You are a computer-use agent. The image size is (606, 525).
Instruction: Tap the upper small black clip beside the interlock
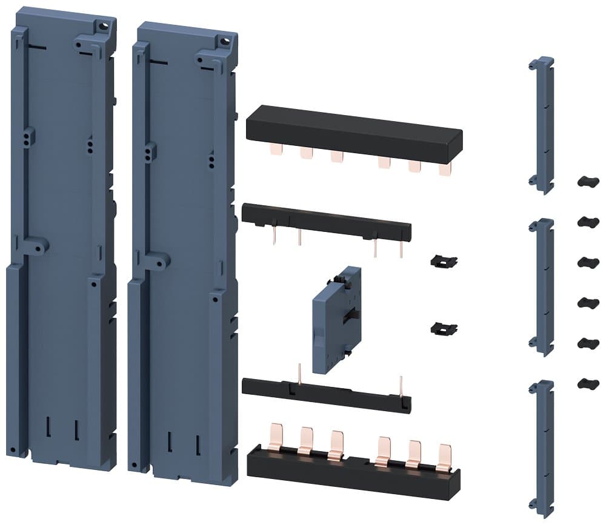[444, 261]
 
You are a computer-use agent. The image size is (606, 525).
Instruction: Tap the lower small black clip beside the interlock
[443, 328]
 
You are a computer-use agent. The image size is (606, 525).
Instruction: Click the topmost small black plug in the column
[587, 182]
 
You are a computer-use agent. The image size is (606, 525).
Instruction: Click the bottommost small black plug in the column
[587, 383]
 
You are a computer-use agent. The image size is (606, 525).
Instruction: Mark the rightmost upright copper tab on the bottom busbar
[444, 457]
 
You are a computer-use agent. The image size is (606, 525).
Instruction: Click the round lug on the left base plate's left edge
[39, 246]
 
